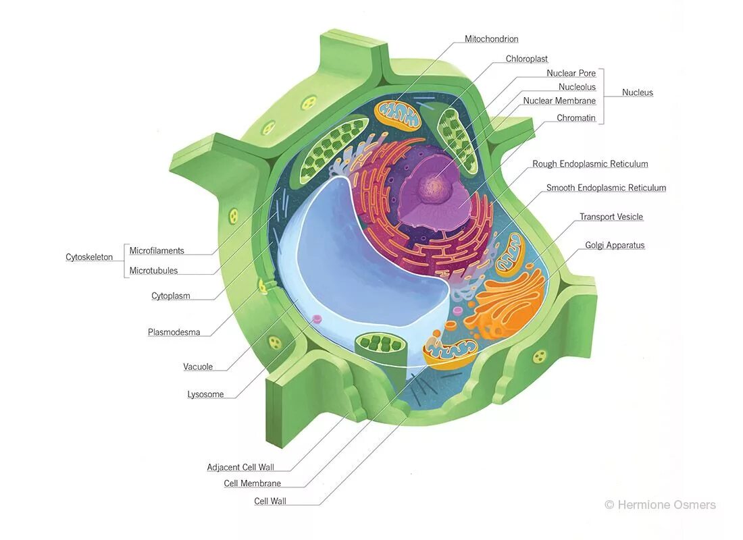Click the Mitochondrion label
coord(491,39)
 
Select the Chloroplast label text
coord(526,59)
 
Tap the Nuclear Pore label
coord(571,73)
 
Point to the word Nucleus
coord(637,92)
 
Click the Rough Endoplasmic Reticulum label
coord(590,164)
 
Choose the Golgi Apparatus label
coord(615,246)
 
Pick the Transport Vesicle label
coord(611,217)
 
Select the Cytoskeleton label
coord(89,257)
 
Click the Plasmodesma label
coord(174,332)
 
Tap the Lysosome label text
coord(205,394)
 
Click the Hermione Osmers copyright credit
coord(659,505)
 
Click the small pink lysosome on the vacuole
coord(315,319)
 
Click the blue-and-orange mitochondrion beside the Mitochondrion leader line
coord(398,113)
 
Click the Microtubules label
coord(153,271)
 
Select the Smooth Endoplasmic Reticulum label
coord(606,188)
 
